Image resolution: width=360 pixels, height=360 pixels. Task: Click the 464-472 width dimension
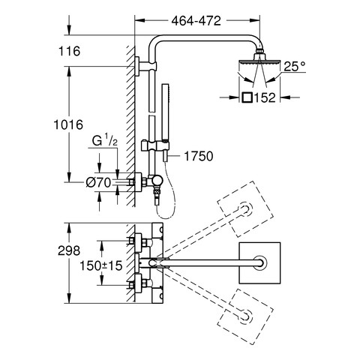point(196,21)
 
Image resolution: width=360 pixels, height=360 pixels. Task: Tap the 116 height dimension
point(69,51)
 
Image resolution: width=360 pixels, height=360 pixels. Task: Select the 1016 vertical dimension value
point(68,124)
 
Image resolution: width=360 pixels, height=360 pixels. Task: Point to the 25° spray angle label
point(295,67)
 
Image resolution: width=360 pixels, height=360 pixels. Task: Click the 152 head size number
point(265,97)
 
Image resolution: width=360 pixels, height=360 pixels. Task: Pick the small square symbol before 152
point(247,97)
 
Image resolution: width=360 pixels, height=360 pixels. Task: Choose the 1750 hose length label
point(199,156)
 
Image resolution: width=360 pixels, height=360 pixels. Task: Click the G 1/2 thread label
point(104,140)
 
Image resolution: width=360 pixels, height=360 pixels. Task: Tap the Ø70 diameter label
point(98,183)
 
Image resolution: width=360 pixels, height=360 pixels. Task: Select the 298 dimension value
point(69,250)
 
